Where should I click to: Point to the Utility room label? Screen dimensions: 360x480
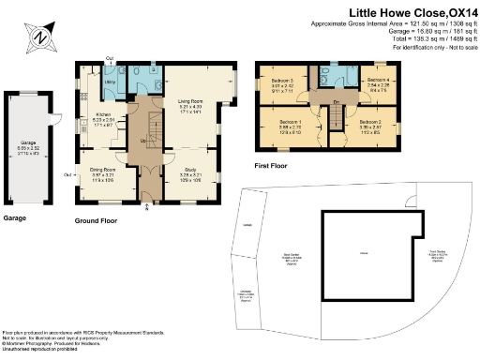[x=110, y=82]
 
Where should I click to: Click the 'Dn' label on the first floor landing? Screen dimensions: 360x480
[x=335, y=102]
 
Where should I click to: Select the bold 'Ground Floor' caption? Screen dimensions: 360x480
[x=97, y=222]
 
